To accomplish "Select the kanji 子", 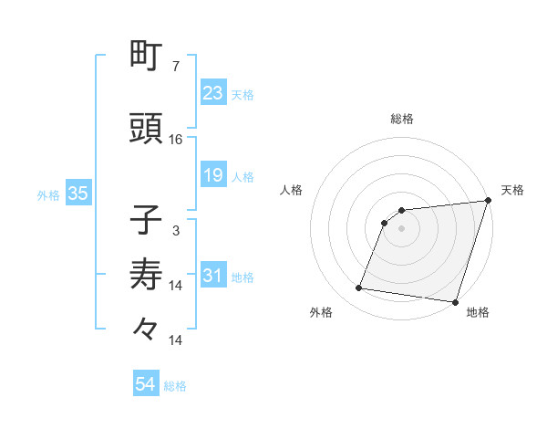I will (147, 221).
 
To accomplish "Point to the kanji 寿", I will (147, 273).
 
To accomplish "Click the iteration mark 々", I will (147, 326).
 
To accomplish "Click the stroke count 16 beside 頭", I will (176, 140).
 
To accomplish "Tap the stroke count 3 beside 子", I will (176, 231).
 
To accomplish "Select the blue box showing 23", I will (212, 93).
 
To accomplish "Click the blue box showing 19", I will (212, 175).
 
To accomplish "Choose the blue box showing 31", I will (212, 276).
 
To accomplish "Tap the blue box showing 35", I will (77, 194).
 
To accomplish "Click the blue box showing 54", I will (145, 385).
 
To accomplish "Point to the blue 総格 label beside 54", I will (175, 386).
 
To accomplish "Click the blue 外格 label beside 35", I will (48, 194).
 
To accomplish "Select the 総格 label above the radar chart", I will (402, 119).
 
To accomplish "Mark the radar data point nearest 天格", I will (488, 201).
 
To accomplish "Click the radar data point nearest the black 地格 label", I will (455, 301).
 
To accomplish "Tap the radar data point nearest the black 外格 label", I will (359, 288).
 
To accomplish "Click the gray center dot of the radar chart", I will (401, 229).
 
